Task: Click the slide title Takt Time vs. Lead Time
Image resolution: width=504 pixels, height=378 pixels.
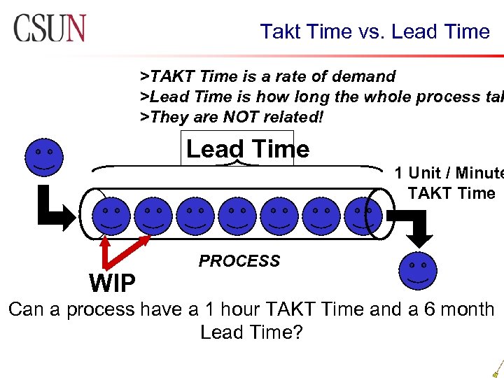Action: tap(375, 31)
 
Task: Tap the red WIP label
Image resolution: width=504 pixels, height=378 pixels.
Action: tap(113, 283)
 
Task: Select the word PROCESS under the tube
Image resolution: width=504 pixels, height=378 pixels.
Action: tap(239, 261)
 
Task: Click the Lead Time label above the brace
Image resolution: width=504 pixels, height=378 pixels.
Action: tap(247, 149)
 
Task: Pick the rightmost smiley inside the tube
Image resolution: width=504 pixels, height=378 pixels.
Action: tap(363, 214)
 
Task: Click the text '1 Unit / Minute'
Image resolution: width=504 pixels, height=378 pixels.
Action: tap(448, 173)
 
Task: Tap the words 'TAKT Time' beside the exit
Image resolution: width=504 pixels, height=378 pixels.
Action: tap(451, 193)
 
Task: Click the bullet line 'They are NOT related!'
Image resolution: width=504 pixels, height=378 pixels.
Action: tap(232, 117)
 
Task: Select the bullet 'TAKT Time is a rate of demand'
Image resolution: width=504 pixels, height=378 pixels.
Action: tap(268, 76)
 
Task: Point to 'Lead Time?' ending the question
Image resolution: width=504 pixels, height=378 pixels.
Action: tap(251, 332)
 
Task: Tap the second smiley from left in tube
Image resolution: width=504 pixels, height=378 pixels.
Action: tap(153, 215)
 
